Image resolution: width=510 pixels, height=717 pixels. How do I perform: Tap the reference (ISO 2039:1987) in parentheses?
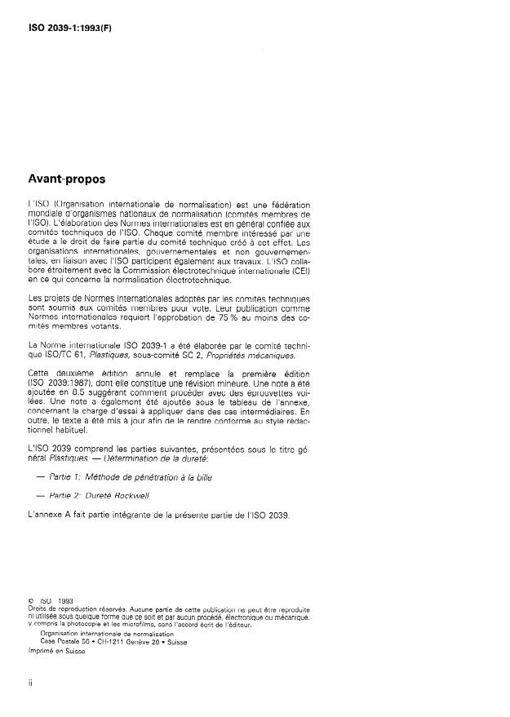(x=59, y=383)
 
